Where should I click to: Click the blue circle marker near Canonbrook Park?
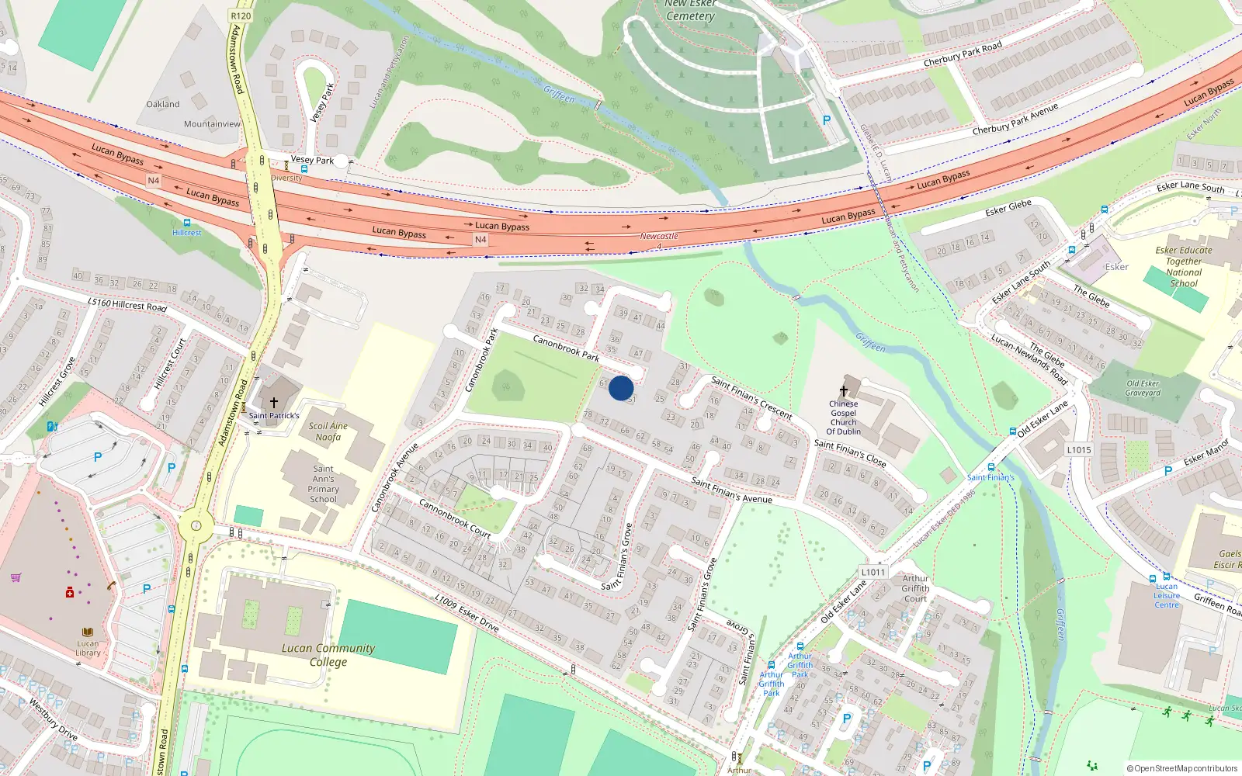(621, 387)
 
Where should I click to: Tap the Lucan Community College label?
(328, 655)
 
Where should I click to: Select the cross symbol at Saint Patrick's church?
(274, 403)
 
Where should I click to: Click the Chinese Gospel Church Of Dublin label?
(843, 417)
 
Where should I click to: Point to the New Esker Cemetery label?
(690, 10)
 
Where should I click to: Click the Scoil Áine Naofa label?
(328, 431)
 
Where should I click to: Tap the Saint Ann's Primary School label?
(324, 483)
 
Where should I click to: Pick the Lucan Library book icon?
(88, 632)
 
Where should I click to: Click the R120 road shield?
(241, 16)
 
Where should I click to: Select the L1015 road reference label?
(1079, 450)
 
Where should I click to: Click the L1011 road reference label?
(873, 572)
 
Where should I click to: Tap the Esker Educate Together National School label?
(1184, 267)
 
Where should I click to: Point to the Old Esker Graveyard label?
(1143, 388)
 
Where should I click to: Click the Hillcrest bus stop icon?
(186, 223)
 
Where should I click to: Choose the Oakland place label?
(163, 104)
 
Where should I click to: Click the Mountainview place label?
(212, 124)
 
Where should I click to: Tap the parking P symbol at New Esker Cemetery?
(827, 120)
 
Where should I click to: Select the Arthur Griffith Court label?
(915, 588)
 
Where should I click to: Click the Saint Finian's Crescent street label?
(751, 397)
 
